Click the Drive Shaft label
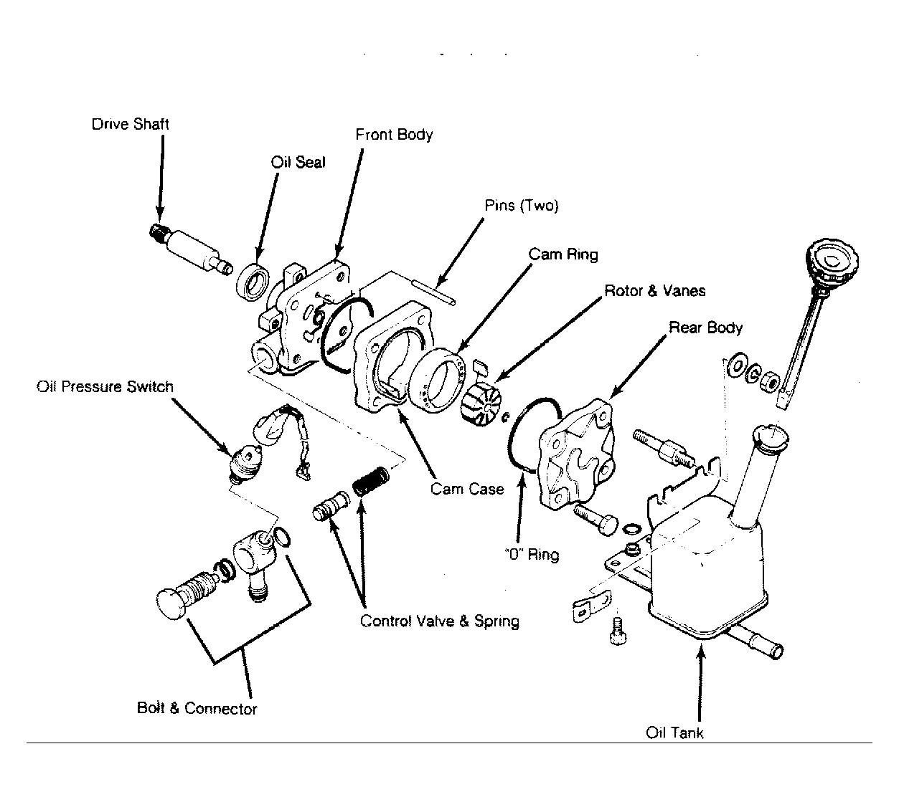pyautogui.click(x=130, y=124)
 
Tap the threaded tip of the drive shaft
pyautogui.click(x=159, y=232)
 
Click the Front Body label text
pyautogui.click(x=394, y=135)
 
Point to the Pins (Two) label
pyautogui.click(x=522, y=206)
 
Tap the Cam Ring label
pyautogui.click(x=563, y=254)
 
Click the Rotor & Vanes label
pyautogui.click(x=655, y=291)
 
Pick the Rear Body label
pyautogui.click(x=705, y=328)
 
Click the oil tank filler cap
pyautogui.click(x=832, y=262)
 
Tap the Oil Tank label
pyautogui.click(x=674, y=733)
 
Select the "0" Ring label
pyautogui.click(x=532, y=555)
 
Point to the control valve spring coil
pyautogui.click(x=371, y=481)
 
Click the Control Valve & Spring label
pyautogui.click(x=439, y=621)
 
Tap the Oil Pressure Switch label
pyautogui.click(x=105, y=386)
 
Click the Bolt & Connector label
pyautogui.click(x=197, y=708)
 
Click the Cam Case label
pyautogui.click(x=467, y=489)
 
